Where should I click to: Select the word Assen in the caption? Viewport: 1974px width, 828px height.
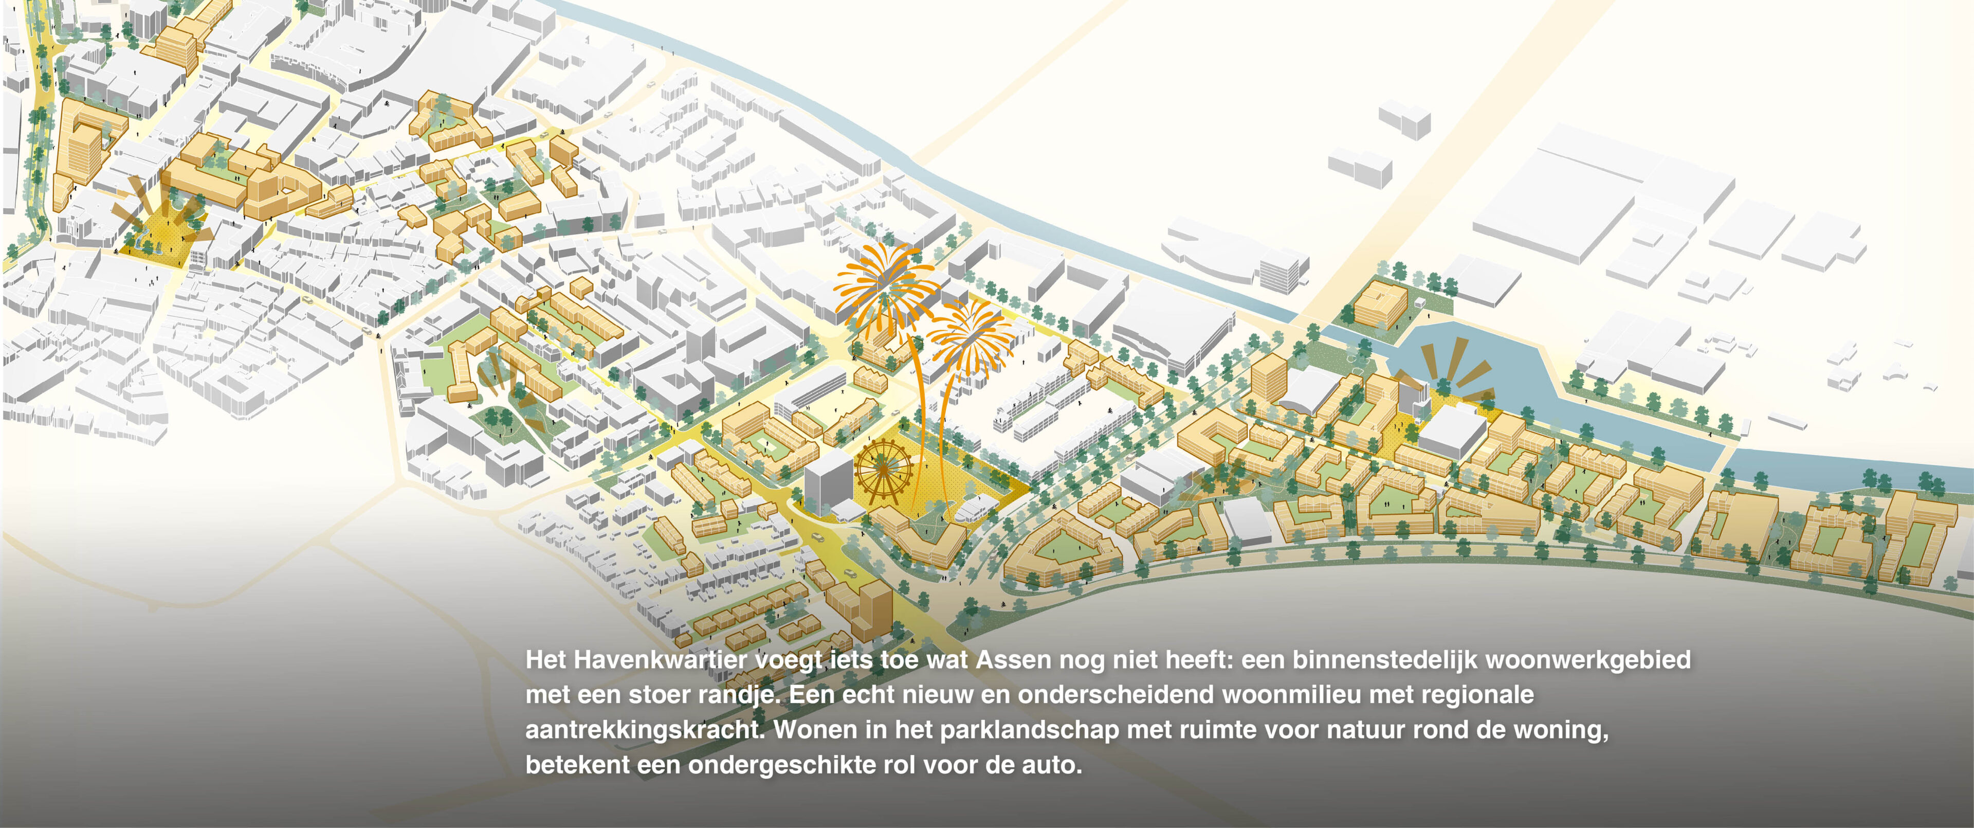pos(1013,660)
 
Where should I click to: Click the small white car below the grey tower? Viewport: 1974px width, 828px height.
pos(818,538)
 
